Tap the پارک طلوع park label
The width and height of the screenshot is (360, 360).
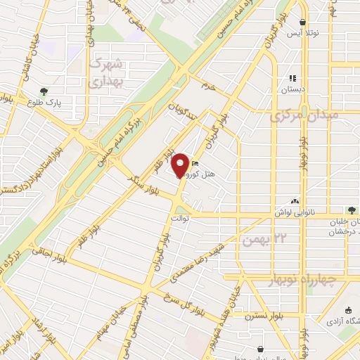point(45,103)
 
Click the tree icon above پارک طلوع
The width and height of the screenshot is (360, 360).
point(45,91)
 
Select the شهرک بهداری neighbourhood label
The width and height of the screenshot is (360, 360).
point(107,72)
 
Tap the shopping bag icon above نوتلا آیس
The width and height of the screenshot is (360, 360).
point(303,22)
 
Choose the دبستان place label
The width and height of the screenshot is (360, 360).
point(293,89)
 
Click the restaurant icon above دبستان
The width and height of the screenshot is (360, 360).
point(293,78)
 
